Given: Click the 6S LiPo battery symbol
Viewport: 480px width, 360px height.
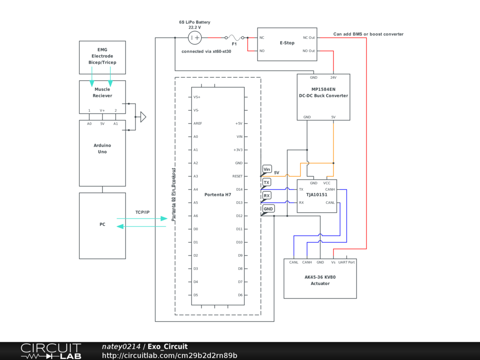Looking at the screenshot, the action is (x=195, y=37).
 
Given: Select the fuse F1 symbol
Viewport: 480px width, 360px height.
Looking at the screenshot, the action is (x=234, y=37).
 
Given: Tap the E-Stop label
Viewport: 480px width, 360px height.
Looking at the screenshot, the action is (x=287, y=43).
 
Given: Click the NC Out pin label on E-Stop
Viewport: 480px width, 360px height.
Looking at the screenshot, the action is (x=309, y=37).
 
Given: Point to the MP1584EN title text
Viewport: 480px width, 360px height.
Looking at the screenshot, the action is (x=323, y=90).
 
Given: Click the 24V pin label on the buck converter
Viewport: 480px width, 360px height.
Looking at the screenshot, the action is (x=333, y=77).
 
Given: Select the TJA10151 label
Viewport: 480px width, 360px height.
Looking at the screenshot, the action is (x=317, y=195).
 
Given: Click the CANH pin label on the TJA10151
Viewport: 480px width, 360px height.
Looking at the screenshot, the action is (x=330, y=189).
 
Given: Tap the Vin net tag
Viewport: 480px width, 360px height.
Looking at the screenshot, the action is (x=267, y=169).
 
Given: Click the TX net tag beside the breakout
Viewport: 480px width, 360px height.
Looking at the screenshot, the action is (x=267, y=182).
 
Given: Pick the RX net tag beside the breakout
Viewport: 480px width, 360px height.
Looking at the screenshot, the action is (x=267, y=195).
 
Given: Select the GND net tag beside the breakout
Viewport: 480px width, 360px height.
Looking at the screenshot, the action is (x=268, y=209).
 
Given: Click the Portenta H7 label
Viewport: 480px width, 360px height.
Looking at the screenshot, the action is (x=217, y=195).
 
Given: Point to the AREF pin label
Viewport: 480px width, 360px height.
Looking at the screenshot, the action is (x=197, y=123).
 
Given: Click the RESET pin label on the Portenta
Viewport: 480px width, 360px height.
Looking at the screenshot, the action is (x=237, y=176).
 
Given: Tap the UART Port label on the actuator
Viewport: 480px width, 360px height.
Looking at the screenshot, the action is (x=346, y=262).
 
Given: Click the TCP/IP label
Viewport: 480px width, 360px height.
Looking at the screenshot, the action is (x=142, y=212).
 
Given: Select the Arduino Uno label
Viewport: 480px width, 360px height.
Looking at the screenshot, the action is (x=102, y=149).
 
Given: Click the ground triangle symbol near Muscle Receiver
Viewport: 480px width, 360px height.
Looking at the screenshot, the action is (x=143, y=117).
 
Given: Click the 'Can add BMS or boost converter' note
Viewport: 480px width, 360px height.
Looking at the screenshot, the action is (x=368, y=34).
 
